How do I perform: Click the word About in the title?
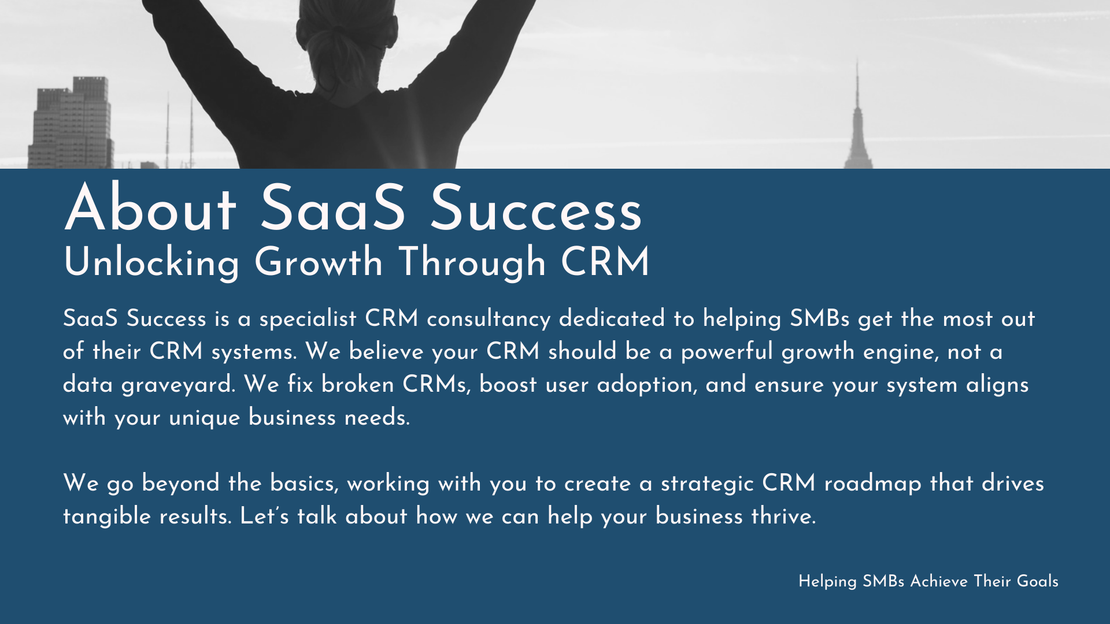150,208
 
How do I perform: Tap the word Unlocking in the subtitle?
151,263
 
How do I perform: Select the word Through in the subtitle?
472,263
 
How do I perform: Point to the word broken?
358,384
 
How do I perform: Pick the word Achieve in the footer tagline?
939,581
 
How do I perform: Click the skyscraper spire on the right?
857,87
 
